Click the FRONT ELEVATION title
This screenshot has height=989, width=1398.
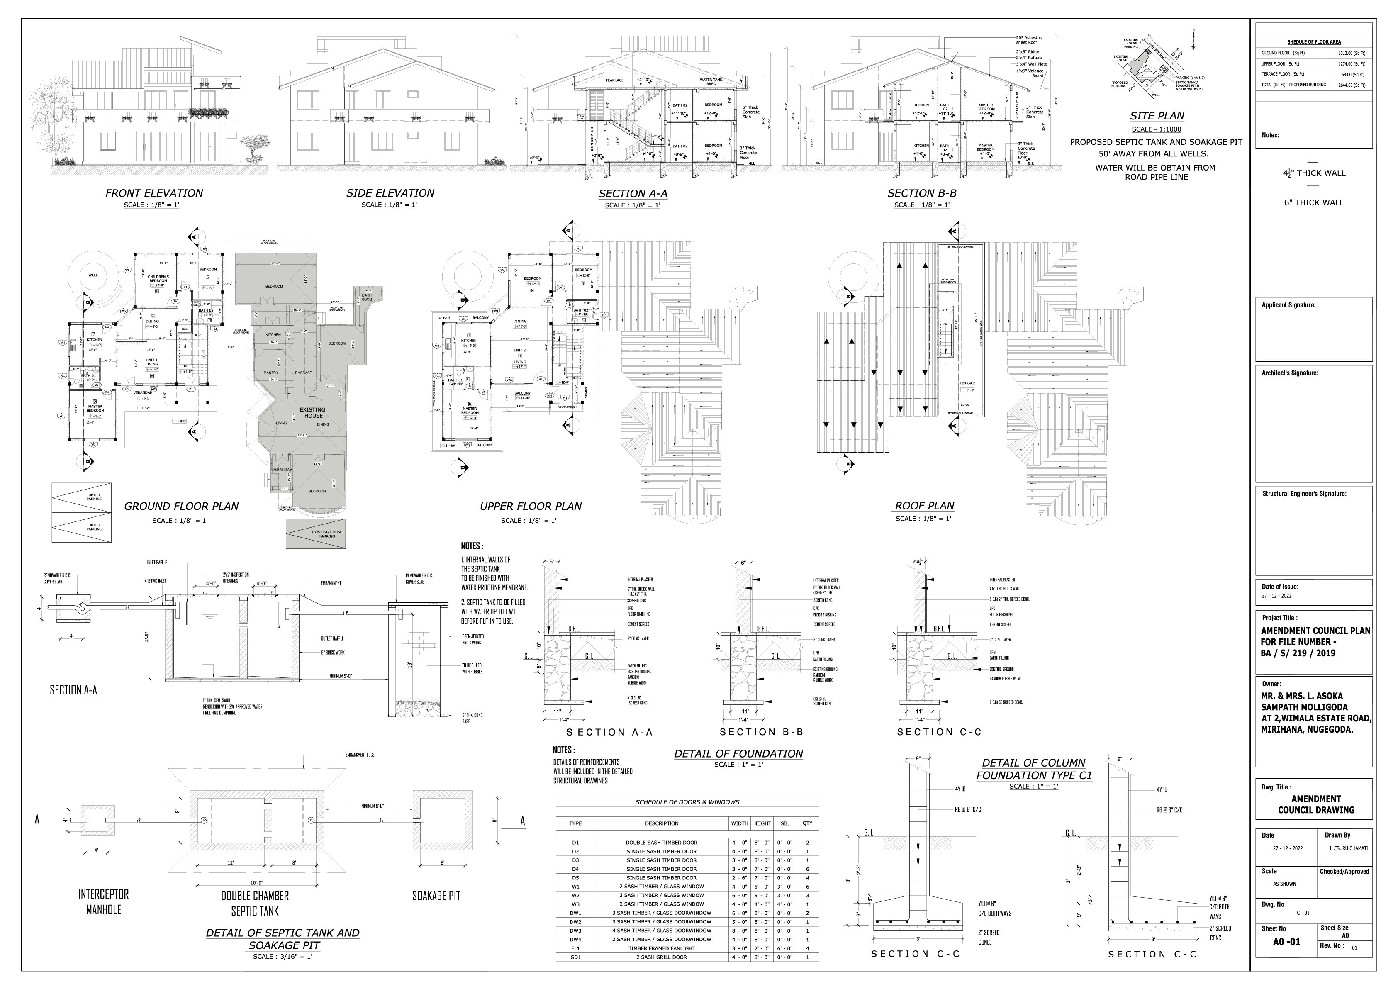point(154,193)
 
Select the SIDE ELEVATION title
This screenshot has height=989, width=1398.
point(390,193)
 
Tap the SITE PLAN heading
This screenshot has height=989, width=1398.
point(1157,116)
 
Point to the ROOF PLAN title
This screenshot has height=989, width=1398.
point(924,505)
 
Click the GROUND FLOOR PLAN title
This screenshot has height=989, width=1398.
point(181,506)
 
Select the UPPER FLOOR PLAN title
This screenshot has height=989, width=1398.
point(530,506)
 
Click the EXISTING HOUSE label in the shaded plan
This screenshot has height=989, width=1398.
point(312,413)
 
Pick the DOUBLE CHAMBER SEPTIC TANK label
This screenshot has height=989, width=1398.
point(255,904)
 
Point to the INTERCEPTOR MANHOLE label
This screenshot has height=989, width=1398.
point(104,902)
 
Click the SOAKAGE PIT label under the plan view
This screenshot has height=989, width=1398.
point(436,896)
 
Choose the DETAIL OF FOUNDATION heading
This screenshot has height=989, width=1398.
point(738,753)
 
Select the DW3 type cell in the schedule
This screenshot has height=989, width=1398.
point(575,931)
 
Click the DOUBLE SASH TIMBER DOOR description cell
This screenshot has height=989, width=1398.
point(661,842)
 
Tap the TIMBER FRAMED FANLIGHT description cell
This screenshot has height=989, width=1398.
point(661,948)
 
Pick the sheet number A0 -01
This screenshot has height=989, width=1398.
point(1286,941)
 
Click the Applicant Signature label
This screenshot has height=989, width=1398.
point(1288,305)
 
